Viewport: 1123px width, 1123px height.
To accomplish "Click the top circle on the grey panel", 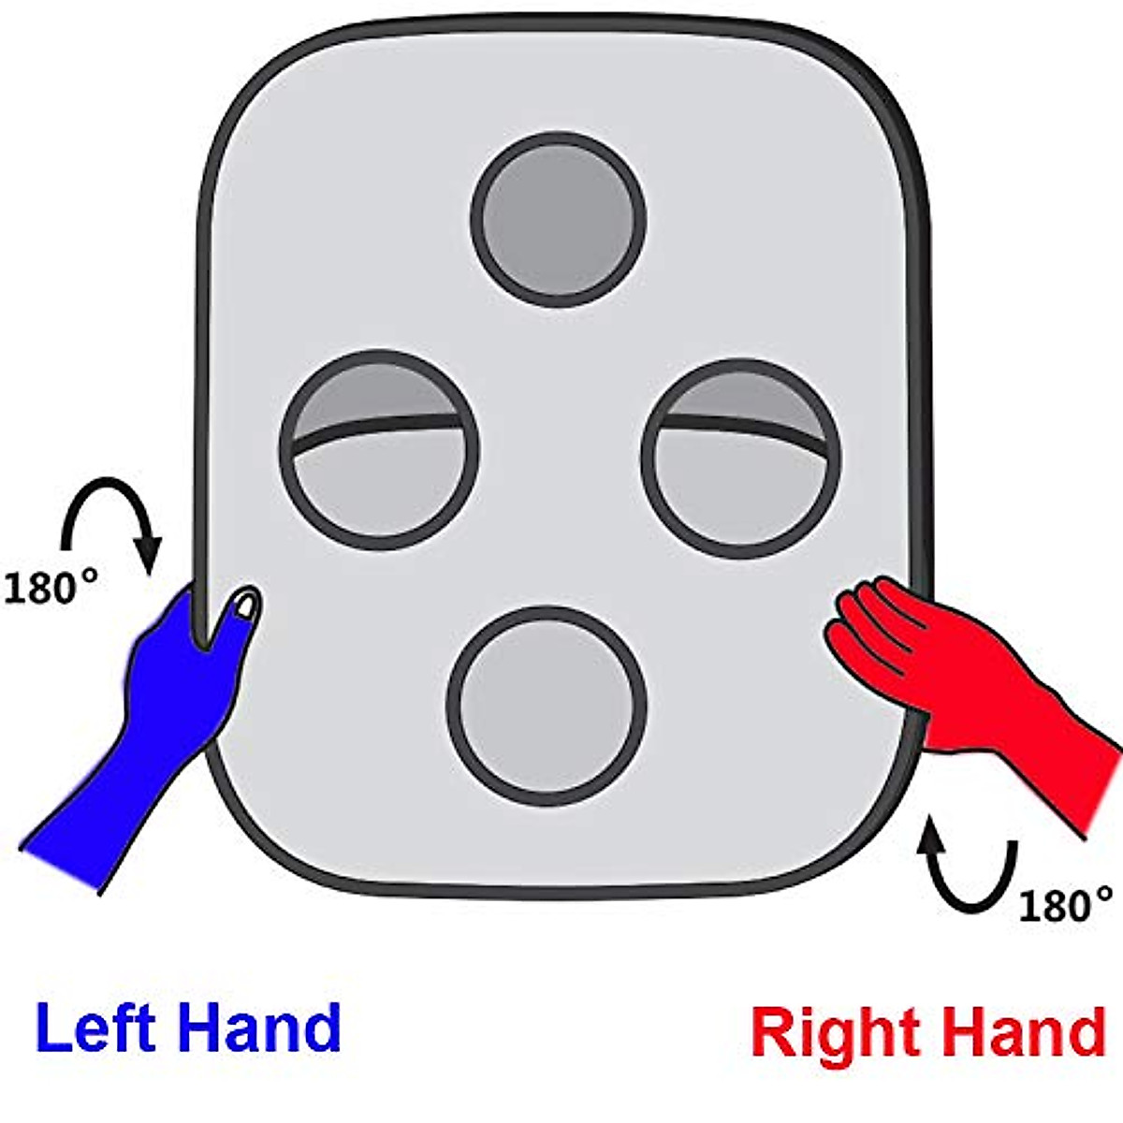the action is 559,219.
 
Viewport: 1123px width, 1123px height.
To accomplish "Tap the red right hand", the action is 964,674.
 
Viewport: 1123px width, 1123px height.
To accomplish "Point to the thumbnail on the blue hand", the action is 245,604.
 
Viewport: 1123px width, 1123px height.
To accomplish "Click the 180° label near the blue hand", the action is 51,589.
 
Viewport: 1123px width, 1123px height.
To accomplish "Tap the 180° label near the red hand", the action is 1066,906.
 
